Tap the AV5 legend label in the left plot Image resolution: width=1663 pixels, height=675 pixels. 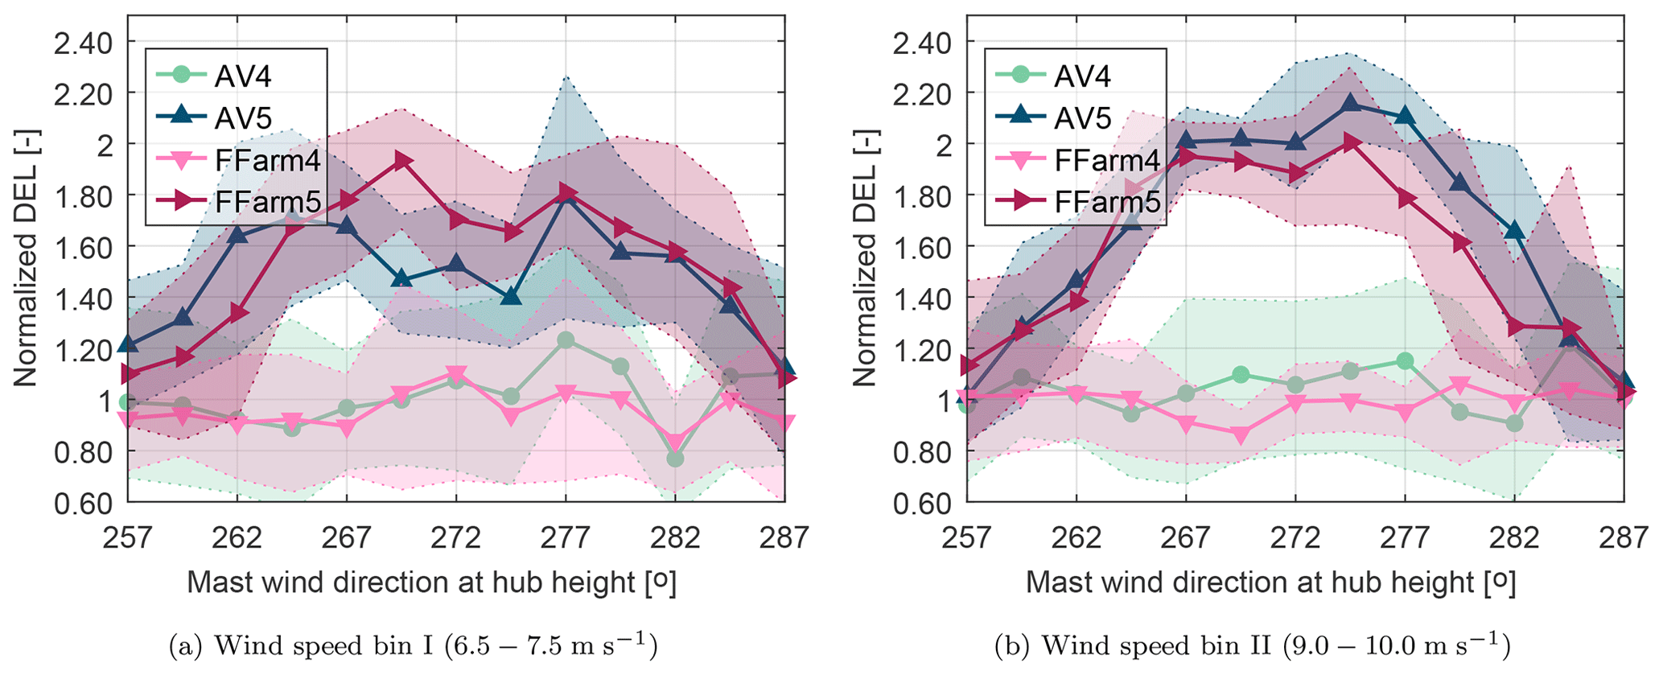click(x=244, y=118)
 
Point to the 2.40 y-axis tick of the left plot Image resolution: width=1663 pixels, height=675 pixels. click(x=84, y=42)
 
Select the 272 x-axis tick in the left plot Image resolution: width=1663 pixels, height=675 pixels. click(x=456, y=537)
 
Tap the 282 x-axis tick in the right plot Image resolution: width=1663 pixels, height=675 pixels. click(x=1513, y=537)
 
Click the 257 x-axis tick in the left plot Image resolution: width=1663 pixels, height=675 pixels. click(x=128, y=537)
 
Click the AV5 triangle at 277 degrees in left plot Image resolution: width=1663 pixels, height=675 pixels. click(x=566, y=196)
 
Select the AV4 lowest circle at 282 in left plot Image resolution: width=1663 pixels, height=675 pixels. click(x=675, y=459)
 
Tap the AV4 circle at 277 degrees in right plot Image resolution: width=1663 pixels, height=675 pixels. click(x=1405, y=361)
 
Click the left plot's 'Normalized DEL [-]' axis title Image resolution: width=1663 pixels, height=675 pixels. click(x=26, y=257)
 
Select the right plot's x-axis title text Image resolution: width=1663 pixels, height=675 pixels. click(x=1270, y=582)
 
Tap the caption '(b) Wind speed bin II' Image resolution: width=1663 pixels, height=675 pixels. click(x=1252, y=646)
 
